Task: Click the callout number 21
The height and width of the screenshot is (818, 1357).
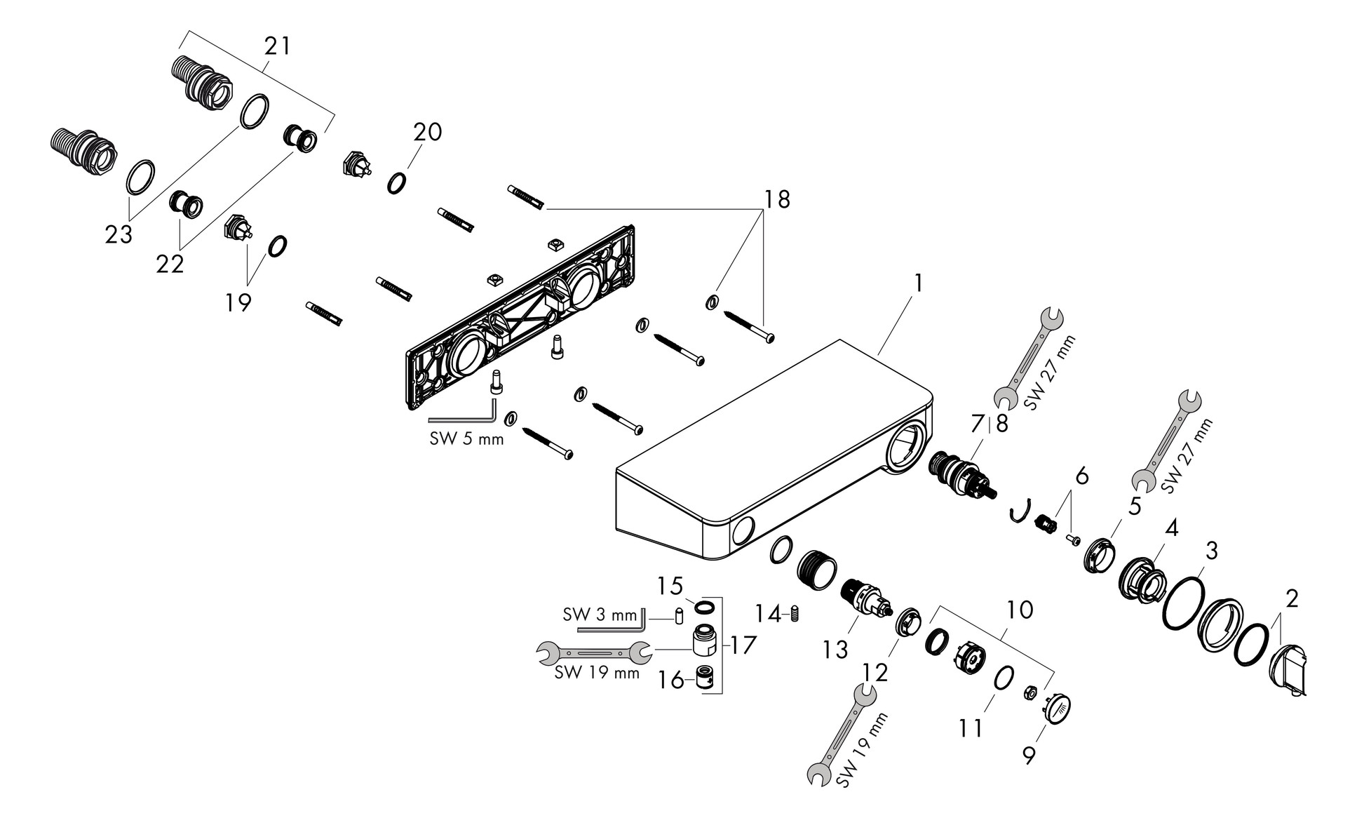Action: tap(277, 46)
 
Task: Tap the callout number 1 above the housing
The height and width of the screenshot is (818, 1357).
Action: tap(918, 283)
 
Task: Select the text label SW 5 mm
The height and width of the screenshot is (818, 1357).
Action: tap(466, 439)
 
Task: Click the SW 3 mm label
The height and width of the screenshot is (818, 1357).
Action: tap(600, 615)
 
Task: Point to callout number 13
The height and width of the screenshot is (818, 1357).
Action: tap(835, 650)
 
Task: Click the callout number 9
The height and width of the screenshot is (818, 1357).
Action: tap(1029, 756)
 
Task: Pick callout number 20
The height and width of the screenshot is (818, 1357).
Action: tap(427, 131)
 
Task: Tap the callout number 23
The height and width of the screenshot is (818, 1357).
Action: tap(119, 234)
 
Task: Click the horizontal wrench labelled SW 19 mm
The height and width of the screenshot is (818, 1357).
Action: tap(594, 652)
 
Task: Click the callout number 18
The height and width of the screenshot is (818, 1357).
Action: tap(777, 199)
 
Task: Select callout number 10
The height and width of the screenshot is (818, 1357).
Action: tap(1020, 610)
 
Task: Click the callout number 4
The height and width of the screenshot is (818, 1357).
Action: tap(1171, 528)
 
